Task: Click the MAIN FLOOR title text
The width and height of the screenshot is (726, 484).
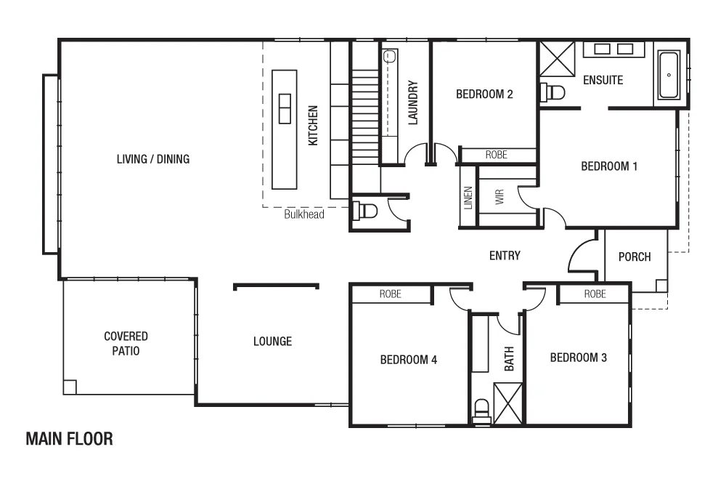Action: [x=69, y=439]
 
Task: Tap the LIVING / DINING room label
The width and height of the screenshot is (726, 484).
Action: [x=153, y=158]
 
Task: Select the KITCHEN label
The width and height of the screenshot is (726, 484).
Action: [x=313, y=126]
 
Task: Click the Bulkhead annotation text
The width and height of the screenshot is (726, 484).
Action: [x=303, y=214]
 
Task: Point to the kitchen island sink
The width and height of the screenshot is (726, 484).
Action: [x=285, y=107]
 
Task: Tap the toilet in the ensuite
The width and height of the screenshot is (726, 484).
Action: [x=553, y=92]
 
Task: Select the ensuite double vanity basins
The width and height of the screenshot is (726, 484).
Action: [x=613, y=49]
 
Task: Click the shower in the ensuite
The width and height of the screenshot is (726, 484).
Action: [x=557, y=58]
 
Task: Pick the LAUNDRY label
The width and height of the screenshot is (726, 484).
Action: [x=412, y=102]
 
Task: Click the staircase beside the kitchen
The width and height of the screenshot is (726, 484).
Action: [x=365, y=116]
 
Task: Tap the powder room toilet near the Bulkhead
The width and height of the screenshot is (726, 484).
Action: [x=364, y=211]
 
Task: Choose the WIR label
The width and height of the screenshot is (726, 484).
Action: [x=499, y=198]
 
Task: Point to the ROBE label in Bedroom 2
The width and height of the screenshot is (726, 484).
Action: [x=497, y=155]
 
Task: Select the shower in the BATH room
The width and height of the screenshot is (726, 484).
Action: [x=507, y=402]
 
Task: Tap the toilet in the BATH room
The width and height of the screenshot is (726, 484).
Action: [x=481, y=411]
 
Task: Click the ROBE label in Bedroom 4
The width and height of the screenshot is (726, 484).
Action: [x=391, y=294]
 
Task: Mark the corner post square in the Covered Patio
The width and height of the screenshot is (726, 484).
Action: [x=70, y=387]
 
